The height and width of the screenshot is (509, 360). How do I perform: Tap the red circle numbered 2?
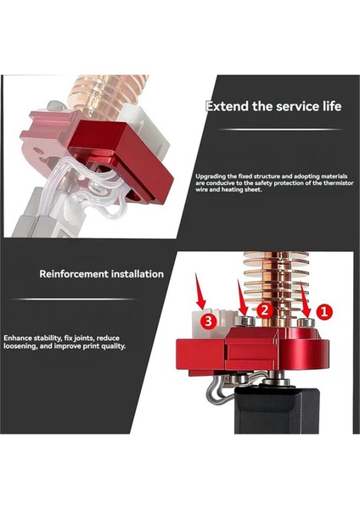click(x=264, y=311)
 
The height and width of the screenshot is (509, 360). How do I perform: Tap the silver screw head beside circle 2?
click(x=245, y=322)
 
